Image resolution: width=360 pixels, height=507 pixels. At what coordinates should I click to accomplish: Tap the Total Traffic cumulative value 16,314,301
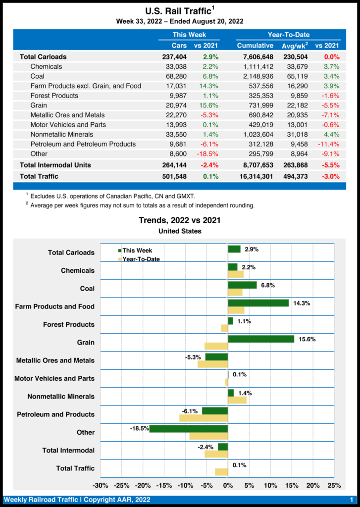click(255, 177)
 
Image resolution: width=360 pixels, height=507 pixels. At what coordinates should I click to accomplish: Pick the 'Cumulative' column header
click(256, 46)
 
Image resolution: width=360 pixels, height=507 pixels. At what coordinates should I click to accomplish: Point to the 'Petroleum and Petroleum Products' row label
click(83, 144)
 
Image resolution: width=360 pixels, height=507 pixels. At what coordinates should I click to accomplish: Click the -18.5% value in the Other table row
click(208, 154)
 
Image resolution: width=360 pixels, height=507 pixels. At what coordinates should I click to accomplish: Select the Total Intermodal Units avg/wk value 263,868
click(295, 165)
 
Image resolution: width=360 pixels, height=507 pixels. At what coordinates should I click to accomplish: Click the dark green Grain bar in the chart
click(261, 339)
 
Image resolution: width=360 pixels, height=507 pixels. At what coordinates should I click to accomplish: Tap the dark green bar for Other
click(189, 429)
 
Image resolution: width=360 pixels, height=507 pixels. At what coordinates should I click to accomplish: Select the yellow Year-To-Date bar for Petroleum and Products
click(204, 418)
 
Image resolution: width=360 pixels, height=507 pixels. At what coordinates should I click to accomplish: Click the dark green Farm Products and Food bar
click(258, 303)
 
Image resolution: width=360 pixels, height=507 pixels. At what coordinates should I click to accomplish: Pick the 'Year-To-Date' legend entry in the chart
click(141, 258)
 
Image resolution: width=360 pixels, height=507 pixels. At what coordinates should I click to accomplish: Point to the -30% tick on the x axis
click(101, 485)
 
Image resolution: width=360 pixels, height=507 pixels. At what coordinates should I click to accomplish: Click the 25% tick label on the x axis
click(334, 485)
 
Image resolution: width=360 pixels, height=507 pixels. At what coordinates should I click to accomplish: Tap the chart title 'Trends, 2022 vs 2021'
click(180, 220)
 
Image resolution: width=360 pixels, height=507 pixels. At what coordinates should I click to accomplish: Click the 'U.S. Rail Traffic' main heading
click(179, 11)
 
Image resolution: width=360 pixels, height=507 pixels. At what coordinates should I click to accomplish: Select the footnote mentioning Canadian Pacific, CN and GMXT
click(112, 197)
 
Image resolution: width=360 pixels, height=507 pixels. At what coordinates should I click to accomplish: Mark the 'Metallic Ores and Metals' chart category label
click(55, 360)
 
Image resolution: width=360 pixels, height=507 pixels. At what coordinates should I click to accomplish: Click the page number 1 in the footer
click(351, 500)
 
